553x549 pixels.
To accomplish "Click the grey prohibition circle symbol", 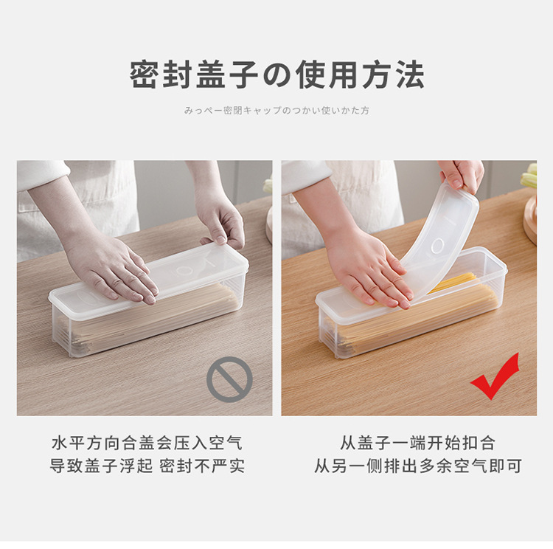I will point(229,379).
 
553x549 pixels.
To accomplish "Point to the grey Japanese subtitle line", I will point(276,111).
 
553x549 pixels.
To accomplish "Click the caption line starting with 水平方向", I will point(147,443).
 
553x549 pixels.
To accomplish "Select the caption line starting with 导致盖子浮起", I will point(147,466).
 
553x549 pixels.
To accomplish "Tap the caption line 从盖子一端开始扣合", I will point(417,443).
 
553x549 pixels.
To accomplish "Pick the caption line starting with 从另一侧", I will point(417,466).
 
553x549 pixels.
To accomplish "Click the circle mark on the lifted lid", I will point(437,246).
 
